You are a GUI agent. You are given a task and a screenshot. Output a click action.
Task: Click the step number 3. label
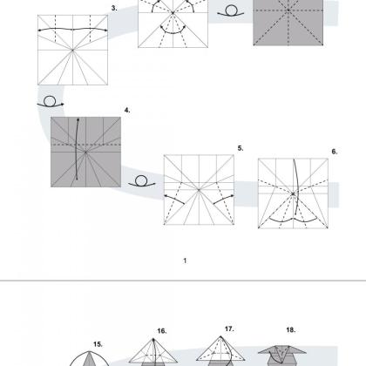coord(114,9)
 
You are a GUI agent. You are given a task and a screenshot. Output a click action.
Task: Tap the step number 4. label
coord(127,111)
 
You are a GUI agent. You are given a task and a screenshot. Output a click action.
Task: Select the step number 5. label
coord(241,148)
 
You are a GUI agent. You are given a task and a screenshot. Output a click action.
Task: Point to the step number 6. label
coord(335,152)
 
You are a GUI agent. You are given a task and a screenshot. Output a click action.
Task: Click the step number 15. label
coord(98,344)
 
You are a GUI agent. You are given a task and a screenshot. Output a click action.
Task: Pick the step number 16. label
coord(162,331)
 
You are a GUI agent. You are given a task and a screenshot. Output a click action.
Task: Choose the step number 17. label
coord(229,329)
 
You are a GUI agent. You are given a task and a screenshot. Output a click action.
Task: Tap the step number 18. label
coord(291,329)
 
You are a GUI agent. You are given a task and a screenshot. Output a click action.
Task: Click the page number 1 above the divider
coord(185,261)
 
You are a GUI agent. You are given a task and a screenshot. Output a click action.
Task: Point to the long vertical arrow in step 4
coord(76,148)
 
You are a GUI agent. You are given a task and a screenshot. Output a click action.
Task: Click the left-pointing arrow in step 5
coord(174,199)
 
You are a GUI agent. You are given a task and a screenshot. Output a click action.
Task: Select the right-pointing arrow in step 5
coord(224,199)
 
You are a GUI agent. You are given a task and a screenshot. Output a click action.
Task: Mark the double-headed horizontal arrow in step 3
coord(72,30)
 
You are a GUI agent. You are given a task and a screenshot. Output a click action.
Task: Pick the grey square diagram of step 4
coord(85,152)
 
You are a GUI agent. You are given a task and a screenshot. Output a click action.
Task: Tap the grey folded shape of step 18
coord(282,356)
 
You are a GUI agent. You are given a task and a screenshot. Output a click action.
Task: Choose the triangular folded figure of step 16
coord(153,352)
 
